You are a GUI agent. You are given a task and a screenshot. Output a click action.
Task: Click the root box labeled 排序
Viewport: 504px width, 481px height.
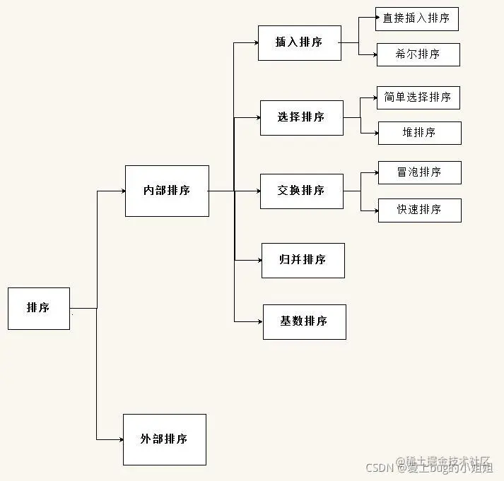click(x=39, y=308)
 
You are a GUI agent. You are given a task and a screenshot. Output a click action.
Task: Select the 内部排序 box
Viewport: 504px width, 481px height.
click(x=167, y=191)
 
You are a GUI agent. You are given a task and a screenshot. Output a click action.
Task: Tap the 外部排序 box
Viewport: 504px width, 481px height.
click(x=165, y=439)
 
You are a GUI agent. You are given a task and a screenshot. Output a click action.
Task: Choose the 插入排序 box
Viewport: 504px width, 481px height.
click(x=300, y=42)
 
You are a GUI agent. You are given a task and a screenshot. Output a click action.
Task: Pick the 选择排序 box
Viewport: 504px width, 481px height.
click(x=302, y=117)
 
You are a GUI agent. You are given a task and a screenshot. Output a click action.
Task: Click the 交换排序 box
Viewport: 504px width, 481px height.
click(x=302, y=191)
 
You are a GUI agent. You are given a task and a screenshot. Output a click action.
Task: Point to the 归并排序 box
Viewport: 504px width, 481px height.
click(x=303, y=260)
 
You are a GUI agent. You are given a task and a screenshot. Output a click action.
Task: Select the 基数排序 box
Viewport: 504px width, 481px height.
click(x=305, y=321)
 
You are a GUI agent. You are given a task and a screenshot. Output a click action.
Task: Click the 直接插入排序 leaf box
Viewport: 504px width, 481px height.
click(x=417, y=18)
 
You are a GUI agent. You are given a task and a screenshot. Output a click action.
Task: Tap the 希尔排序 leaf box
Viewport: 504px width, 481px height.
click(x=418, y=54)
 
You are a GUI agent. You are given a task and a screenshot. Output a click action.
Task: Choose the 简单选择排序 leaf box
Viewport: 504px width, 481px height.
click(x=418, y=97)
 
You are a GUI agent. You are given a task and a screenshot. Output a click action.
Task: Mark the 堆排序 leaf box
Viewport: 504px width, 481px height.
click(x=420, y=133)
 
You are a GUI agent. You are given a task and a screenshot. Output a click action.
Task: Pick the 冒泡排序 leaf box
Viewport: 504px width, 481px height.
click(x=420, y=172)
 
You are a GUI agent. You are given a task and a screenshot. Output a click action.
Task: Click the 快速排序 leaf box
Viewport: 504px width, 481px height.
click(x=420, y=210)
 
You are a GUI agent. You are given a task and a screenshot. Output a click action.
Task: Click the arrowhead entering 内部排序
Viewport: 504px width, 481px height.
click(x=122, y=191)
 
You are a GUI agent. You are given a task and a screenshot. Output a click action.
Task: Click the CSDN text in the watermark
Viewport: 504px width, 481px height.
click(x=380, y=467)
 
